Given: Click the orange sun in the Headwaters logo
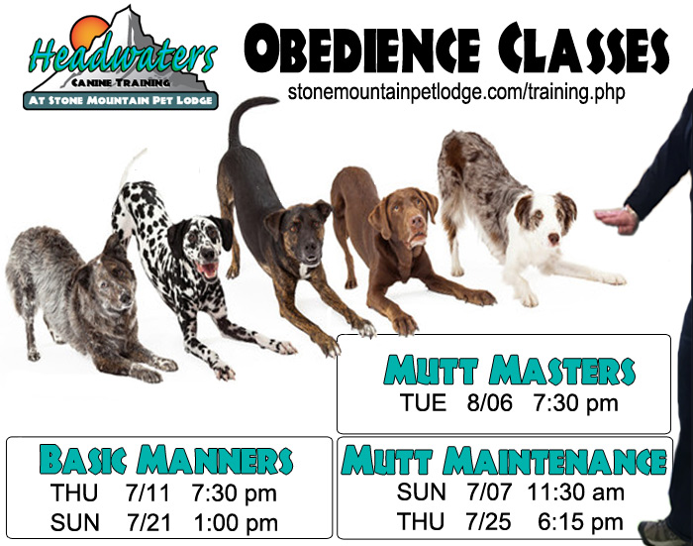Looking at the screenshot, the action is point(88,32).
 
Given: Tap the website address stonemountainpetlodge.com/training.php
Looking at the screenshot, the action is point(456,92).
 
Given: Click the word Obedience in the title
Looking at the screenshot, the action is point(362,49).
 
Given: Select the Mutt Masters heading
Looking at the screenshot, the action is point(509,370).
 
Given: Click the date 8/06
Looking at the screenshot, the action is point(490,403).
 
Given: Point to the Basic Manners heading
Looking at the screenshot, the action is point(165,460).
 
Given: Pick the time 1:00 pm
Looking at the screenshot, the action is point(236,523).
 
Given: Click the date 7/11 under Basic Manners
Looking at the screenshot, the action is point(148,492).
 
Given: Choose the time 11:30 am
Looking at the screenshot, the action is point(576,492).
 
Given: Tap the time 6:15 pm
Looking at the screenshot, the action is point(580,522).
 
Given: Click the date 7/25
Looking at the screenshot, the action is point(488,522).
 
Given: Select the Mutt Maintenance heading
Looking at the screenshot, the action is point(504,460).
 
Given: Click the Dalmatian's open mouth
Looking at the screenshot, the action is point(208,270).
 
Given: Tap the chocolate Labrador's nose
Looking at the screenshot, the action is point(418,221).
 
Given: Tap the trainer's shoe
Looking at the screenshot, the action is point(661,533).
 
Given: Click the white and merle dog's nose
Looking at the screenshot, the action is point(553,240).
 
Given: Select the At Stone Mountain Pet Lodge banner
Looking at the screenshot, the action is point(120,101).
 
